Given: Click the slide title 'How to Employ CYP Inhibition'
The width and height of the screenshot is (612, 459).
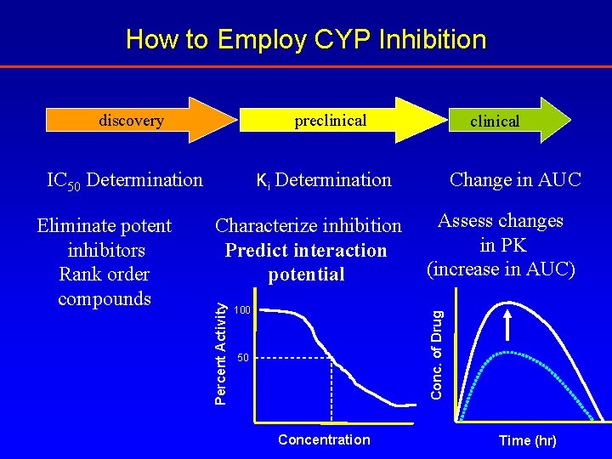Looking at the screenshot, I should pyautogui.click(x=306, y=40).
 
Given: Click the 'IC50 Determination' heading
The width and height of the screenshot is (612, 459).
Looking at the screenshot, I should pyautogui.click(x=125, y=180).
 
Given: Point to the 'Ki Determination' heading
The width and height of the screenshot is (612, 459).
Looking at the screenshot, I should pyautogui.click(x=324, y=180).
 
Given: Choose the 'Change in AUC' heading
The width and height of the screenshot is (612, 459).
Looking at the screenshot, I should pyautogui.click(x=515, y=180).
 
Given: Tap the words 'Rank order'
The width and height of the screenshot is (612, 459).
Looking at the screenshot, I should pyautogui.click(x=104, y=275).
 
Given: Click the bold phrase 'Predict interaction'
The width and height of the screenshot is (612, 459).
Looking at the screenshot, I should pyautogui.click(x=306, y=251).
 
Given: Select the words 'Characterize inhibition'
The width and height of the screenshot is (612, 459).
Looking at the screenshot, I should pyautogui.click(x=308, y=226).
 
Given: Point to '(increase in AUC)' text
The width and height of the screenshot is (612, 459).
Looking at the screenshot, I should pyautogui.click(x=501, y=269).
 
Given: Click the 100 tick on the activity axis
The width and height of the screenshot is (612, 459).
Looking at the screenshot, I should pyautogui.click(x=242, y=311).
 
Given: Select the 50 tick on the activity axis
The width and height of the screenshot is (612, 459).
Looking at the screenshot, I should pyautogui.click(x=244, y=358).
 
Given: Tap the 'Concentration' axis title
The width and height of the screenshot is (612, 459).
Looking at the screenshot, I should pyautogui.click(x=324, y=439).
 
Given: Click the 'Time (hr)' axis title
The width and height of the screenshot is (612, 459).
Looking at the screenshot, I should pyautogui.click(x=527, y=440).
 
